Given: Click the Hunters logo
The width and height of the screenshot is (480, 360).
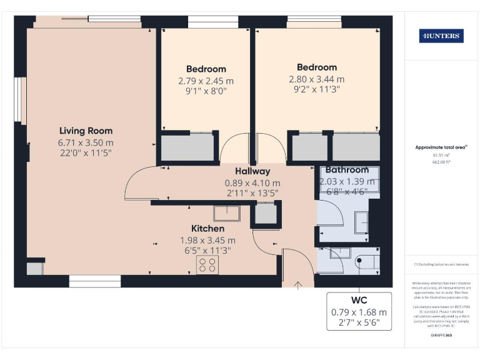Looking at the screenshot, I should click(x=441, y=36).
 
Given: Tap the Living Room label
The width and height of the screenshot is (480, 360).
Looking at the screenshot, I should click(x=86, y=131).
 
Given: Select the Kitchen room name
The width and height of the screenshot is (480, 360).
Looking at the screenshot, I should click(x=207, y=229).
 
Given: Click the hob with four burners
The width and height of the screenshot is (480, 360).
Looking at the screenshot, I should click(x=207, y=266).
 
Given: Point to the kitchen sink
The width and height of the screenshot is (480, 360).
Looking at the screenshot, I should click(x=227, y=213).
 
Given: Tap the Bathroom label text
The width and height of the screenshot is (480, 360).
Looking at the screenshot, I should click(x=347, y=170).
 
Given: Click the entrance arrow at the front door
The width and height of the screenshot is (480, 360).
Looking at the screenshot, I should click(x=298, y=286).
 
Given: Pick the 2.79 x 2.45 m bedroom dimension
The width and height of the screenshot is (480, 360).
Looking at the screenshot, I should click(x=206, y=81).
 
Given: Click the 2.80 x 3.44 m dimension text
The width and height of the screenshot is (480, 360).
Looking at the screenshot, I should click(x=316, y=79).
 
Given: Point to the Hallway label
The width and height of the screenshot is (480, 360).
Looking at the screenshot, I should click(x=252, y=171).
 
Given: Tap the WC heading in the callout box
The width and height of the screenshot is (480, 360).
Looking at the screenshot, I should click(x=359, y=301).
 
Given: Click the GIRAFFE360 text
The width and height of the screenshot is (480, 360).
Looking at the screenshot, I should click(x=441, y=336).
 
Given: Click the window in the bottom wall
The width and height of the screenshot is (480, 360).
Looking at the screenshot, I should click(x=94, y=283).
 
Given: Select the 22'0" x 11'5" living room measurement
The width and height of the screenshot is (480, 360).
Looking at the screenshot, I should click(x=86, y=154).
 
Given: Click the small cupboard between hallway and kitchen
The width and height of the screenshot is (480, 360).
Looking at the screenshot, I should click(x=265, y=215).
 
